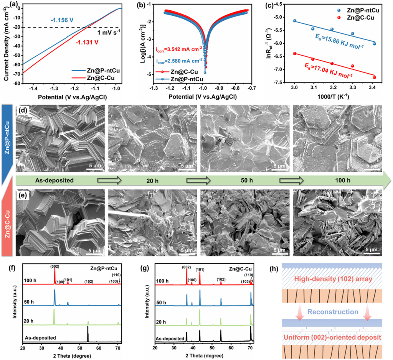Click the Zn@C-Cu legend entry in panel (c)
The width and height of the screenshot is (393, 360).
click(366, 18)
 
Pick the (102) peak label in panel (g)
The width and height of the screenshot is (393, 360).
click(221, 279)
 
